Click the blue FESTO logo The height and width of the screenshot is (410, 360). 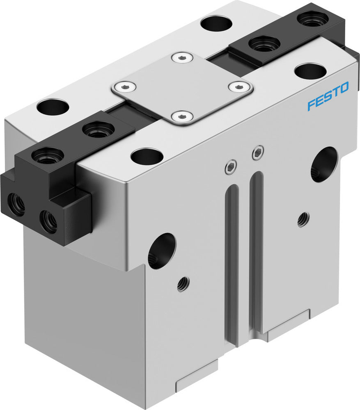pos(328,96)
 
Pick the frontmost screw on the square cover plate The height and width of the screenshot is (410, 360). pos(182,117)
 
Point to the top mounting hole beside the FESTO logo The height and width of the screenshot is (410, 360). pos(310,71)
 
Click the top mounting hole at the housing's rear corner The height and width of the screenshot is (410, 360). pos(216,23)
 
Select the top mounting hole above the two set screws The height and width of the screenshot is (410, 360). pos(147,156)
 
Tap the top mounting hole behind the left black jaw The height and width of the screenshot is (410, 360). pos(53,107)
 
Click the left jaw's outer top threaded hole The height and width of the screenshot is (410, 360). pos(48,156)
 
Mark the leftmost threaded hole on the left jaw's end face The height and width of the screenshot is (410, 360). pos(16,207)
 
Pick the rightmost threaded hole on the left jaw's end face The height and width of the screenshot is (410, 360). pos(48,222)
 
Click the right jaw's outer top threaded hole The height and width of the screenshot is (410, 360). pos(313,18)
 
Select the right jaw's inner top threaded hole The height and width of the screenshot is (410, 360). pos(264,43)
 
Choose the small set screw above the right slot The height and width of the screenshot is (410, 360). pos(257,153)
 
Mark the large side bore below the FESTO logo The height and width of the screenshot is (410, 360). pos(324,164)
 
